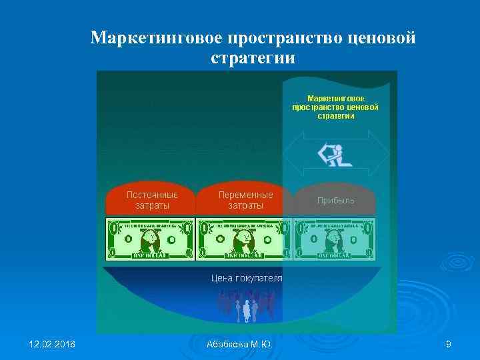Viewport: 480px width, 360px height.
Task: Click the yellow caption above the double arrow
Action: coord(335,107)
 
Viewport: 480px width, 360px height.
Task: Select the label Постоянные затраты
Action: coord(152,200)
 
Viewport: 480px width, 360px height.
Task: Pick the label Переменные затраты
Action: coord(245,200)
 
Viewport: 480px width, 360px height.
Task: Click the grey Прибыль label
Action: coord(335,201)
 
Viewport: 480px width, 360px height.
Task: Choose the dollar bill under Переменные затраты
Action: coord(245,238)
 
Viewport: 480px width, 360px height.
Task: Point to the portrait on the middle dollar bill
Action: coord(245,237)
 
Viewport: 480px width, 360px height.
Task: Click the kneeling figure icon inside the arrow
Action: coord(333,154)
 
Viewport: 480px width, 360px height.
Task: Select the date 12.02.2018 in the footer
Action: coord(52,344)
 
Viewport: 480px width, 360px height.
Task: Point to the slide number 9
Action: coord(448,344)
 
